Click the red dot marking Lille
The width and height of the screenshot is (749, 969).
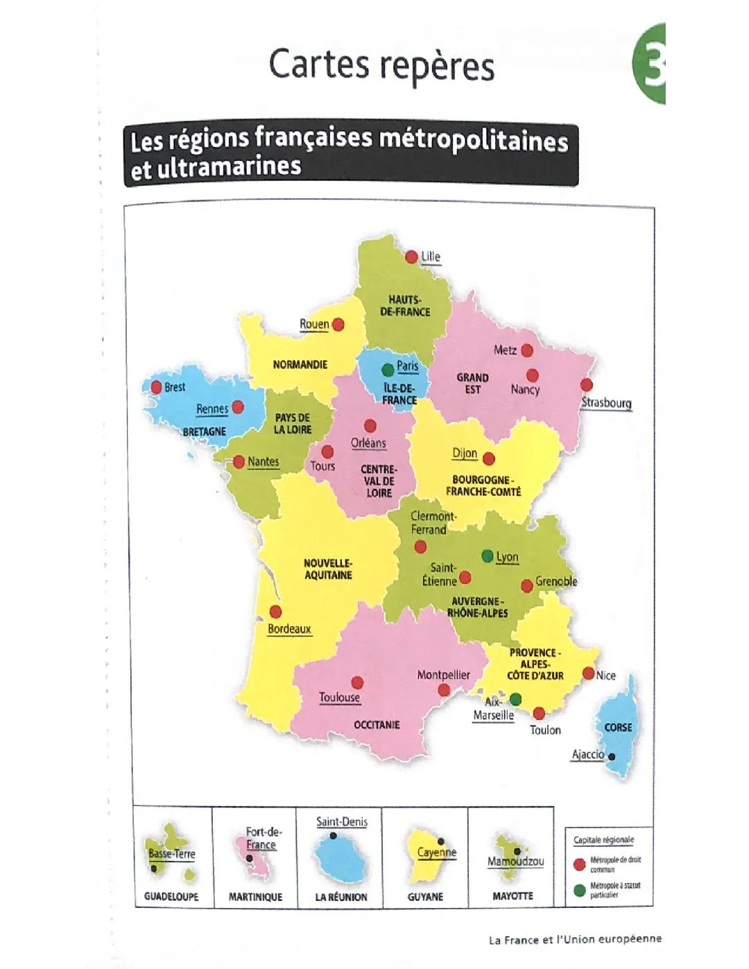[411, 257]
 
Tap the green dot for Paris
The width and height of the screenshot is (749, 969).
[388, 370]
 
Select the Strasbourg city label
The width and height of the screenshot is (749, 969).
[606, 402]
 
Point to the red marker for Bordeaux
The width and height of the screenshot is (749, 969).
[275, 612]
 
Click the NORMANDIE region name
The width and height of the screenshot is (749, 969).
[300, 365]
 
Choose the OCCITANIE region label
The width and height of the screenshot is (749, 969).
[377, 725]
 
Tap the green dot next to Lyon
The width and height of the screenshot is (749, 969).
[488, 556]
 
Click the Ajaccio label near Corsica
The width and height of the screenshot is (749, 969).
[587, 755]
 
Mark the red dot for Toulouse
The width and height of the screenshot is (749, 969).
[357, 683]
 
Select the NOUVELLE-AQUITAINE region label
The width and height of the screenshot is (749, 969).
[328, 569]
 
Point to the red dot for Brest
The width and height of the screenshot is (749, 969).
[155, 387]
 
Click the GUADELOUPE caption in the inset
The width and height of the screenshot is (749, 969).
[171, 896]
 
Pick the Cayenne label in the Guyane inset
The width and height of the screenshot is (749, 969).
[437, 852]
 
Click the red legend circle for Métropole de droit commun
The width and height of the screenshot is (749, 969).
[579, 864]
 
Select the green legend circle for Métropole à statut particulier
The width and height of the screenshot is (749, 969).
[579, 890]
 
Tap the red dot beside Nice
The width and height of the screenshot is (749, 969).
[588, 674]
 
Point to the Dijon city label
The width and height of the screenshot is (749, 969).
[465, 453]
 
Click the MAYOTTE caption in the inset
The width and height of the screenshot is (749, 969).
[513, 896]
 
